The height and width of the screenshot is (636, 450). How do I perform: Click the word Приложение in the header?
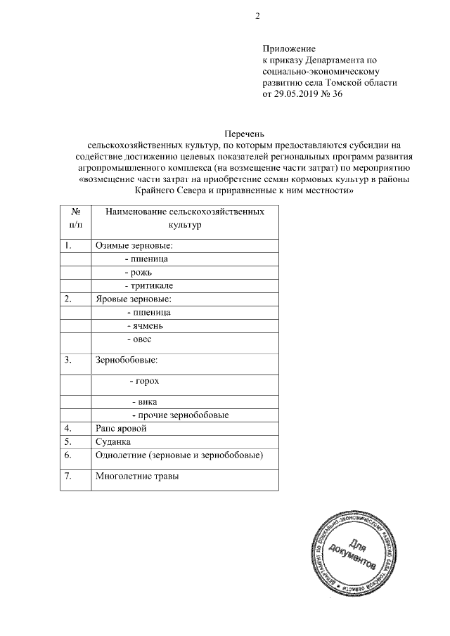pyautogui.click(x=289, y=49)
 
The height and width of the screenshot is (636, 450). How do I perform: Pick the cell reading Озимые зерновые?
pyautogui.click(x=134, y=246)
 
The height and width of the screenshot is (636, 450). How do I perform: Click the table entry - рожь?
pyautogui.click(x=138, y=272)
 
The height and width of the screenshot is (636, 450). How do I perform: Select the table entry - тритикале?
pyautogui.click(x=148, y=285)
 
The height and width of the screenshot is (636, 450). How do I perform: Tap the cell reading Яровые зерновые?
pyautogui.click(x=132, y=299)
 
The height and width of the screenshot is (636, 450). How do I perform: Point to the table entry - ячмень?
pyautogui.click(x=145, y=326)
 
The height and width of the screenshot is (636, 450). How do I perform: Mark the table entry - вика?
pyautogui.click(x=144, y=401)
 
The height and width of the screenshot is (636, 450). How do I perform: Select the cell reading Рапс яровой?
pyautogui.click(x=120, y=427)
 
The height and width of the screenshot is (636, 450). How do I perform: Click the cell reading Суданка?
pyautogui.click(x=113, y=441)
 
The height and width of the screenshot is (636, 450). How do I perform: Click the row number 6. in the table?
pyautogui.click(x=68, y=455)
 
